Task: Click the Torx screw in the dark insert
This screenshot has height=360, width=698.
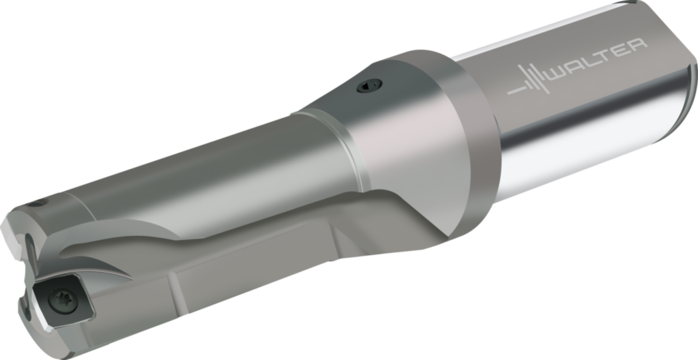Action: (x=62, y=301)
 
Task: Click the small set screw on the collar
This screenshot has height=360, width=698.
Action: (x=370, y=85)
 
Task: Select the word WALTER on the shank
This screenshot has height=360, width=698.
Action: (x=596, y=59)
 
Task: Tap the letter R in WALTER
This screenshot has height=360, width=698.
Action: (x=637, y=46)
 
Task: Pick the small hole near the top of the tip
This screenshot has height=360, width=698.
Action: (x=35, y=205)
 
